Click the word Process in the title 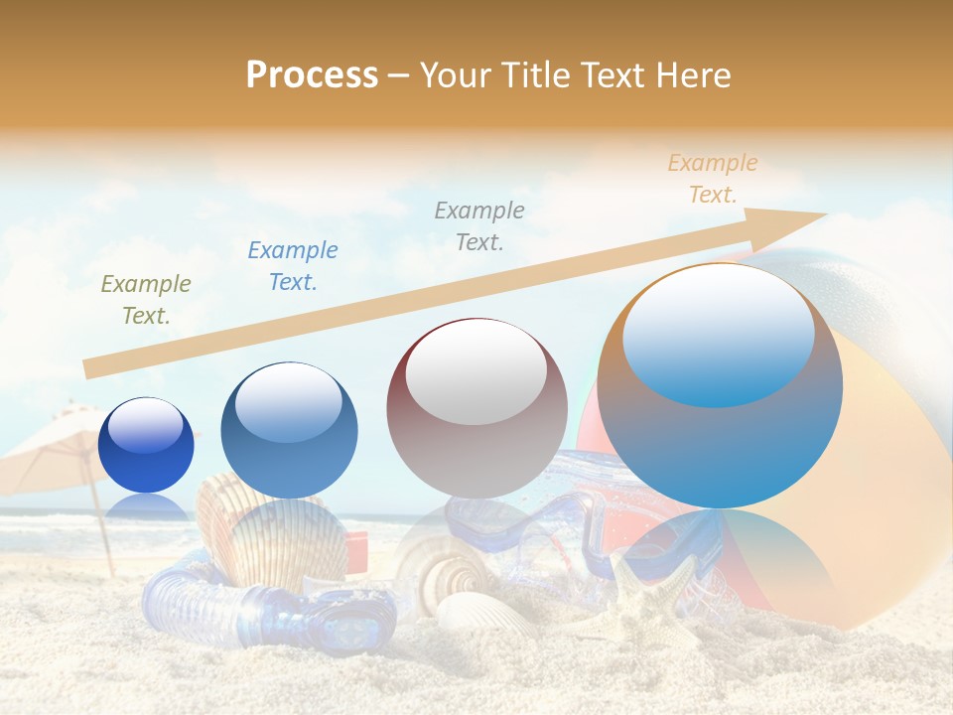click(x=312, y=75)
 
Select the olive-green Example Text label click(x=146, y=300)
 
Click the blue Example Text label click(x=293, y=266)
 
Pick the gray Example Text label click(x=479, y=225)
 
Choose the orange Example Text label click(x=713, y=179)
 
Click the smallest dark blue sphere click(x=147, y=445)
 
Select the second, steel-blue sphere click(x=289, y=431)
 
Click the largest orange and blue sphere click(x=720, y=386)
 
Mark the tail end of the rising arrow click(x=87, y=368)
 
